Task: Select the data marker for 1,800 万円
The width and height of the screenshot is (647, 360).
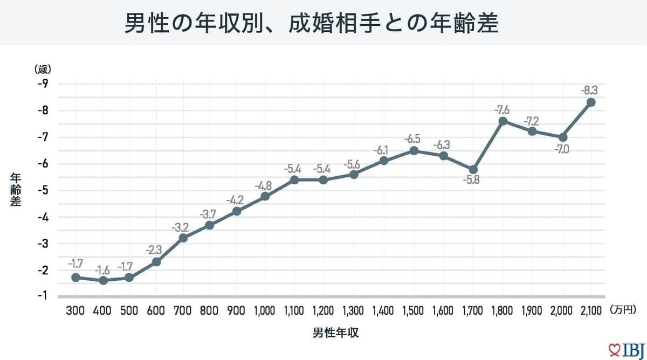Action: click(x=503, y=121)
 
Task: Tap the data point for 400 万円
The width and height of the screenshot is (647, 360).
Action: click(x=103, y=280)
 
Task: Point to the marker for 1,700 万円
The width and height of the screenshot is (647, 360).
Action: click(x=473, y=170)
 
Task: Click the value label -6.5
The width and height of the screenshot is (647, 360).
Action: click(x=414, y=139)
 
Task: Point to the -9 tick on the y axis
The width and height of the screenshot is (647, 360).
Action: click(x=43, y=84)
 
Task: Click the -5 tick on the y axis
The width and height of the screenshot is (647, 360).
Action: click(x=43, y=190)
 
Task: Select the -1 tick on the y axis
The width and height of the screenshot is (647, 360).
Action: click(x=43, y=295)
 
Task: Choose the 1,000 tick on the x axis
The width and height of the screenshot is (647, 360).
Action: click(x=264, y=311)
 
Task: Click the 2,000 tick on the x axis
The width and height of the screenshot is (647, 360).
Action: click(x=562, y=311)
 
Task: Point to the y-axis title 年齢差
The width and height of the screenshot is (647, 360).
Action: click(x=16, y=191)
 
